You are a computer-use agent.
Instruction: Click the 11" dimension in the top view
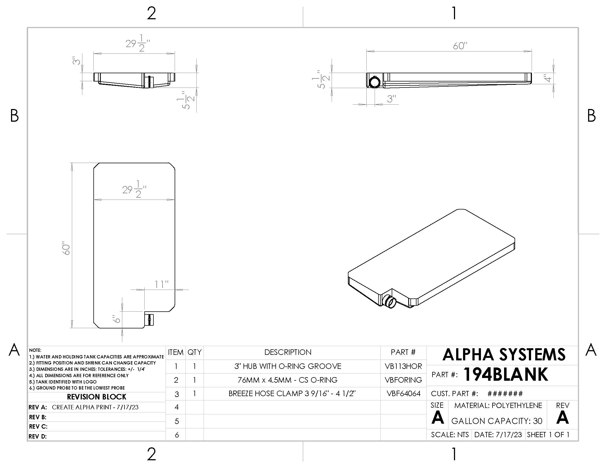coord(161,284)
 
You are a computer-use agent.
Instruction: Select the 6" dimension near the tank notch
coord(117,319)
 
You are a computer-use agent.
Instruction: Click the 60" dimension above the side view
coord(460,46)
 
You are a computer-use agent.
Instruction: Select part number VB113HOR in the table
coord(403,366)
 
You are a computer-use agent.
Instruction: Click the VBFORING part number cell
coord(403,380)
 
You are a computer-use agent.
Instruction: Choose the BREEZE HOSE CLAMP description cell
coord(292,393)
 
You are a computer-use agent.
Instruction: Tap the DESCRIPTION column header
coord(288,352)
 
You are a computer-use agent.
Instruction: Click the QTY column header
coord(194,352)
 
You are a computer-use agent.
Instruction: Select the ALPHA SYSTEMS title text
coord(504,355)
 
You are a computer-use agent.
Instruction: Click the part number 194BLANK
coord(505,374)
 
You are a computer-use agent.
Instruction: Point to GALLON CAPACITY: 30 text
coord(497,421)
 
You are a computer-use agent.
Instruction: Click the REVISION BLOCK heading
coord(97,397)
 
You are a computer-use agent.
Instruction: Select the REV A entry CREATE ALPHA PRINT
coord(95,407)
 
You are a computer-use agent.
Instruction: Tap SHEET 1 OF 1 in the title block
coord(548,434)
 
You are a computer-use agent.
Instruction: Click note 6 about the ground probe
coord(77,388)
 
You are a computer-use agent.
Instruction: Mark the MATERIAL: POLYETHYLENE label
coord(498,405)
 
